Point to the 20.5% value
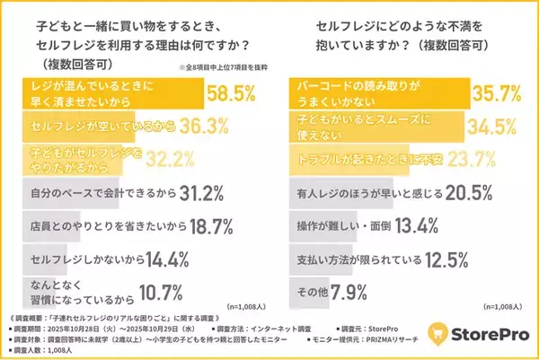coord(468,193)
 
